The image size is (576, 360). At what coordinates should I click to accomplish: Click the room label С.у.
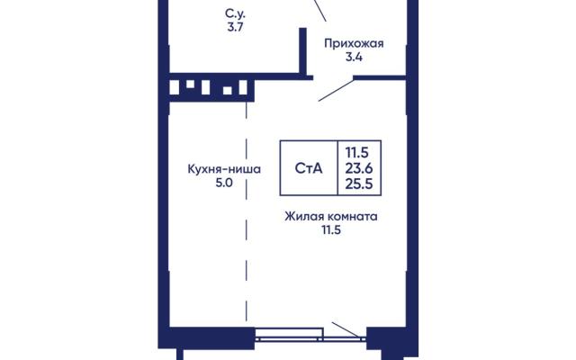(235, 14)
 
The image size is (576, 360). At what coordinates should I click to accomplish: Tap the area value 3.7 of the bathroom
(235, 27)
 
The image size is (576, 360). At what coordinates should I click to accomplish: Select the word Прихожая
(354, 44)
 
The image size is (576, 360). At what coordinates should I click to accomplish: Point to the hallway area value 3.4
(354, 57)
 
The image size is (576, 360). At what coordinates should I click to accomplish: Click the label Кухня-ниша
(224, 169)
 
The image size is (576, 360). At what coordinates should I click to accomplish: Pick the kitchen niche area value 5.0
(224, 183)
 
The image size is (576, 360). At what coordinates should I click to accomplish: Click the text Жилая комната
(331, 216)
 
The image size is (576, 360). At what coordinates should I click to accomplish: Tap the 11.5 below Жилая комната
(331, 230)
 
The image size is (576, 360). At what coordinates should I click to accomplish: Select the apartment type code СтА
(309, 168)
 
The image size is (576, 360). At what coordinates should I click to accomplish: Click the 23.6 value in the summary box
(359, 168)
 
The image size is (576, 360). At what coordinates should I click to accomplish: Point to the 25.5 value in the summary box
(359, 184)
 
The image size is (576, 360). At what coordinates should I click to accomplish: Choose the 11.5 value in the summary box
(356, 152)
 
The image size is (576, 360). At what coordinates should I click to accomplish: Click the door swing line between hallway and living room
(336, 90)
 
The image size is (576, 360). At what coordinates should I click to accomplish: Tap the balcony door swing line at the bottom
(346, 329)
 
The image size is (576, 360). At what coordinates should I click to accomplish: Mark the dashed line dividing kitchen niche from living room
(247, 211)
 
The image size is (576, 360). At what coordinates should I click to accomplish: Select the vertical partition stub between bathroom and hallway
(302, 52)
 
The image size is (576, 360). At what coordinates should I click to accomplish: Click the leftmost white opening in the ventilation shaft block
(174, 88)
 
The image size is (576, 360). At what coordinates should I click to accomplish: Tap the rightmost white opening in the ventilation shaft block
(243, 88)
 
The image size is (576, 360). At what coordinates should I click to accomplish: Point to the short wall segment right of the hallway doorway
(380, 78)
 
